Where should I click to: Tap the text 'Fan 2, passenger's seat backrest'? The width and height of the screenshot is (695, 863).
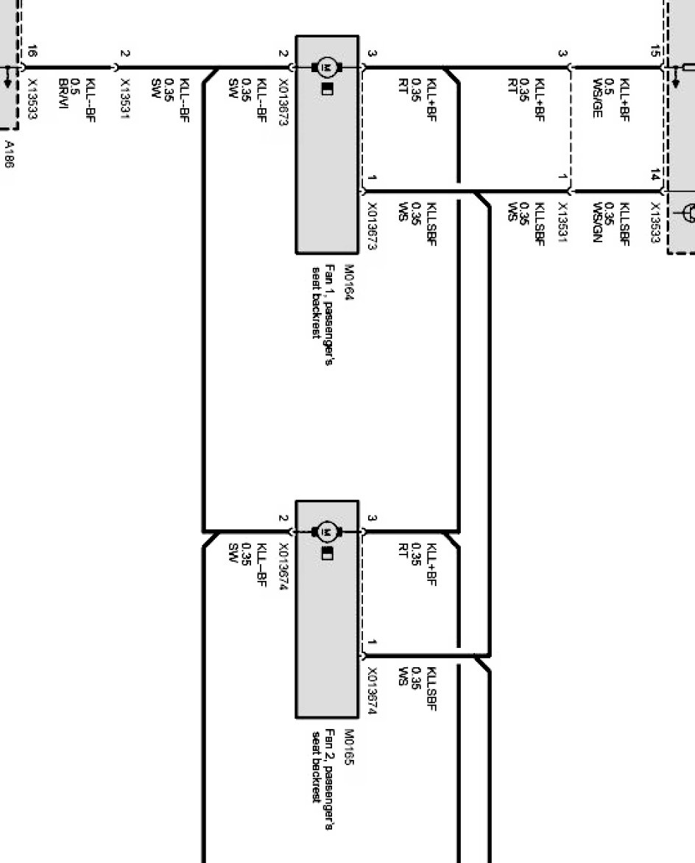323,767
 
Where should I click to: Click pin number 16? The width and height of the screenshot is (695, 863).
32,52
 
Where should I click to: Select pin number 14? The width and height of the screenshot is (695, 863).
655,175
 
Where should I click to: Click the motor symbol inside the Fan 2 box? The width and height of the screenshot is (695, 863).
327,531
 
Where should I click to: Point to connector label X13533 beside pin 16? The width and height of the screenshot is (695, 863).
32,98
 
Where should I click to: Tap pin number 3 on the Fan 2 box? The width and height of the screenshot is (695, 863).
373,518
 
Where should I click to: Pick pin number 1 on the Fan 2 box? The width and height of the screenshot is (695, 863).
373,644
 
